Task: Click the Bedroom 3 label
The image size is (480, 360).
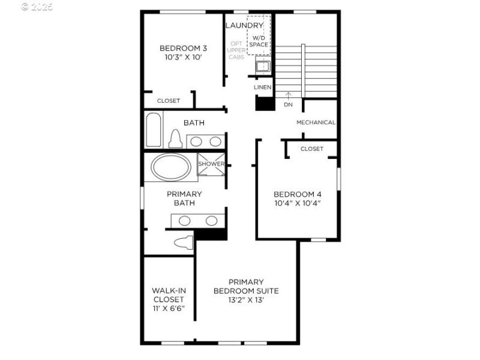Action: (x=183, y=49)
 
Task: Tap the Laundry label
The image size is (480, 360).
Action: (x=244, y=25)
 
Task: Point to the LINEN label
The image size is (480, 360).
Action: (x=262, y=88)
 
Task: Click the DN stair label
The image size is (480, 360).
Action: (x=288, y=104)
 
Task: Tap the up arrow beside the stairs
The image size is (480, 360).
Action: (x=288, y=94)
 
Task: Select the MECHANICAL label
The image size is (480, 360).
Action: (x=316, y=122)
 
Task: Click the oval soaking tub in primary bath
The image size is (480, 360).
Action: (x=170, y=167)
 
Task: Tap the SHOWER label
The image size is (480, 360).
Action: (x=211, y=164)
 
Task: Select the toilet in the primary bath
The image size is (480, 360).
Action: (x=184, y=243)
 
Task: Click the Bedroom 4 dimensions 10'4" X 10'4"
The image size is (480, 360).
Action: (x=297, y=203)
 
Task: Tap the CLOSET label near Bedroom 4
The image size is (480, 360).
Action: (x=311, y=149)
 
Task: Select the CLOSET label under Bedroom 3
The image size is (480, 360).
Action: (x=168, y=101)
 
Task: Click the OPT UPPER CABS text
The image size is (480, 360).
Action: (x=236, y=50)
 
